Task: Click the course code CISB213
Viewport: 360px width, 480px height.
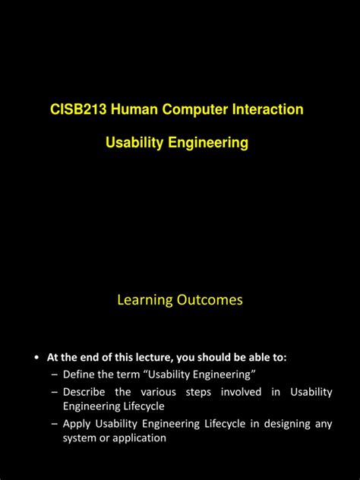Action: pos(78,110)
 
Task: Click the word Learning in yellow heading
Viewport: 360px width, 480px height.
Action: pos(144,300)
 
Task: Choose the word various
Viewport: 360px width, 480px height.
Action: pos(158,392)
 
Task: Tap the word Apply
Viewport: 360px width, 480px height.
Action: pos(77,424)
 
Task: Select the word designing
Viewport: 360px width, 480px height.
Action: pos(281,424)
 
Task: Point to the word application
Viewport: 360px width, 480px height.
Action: pos(139,438)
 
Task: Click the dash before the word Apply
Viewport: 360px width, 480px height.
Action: pos(55,424)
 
